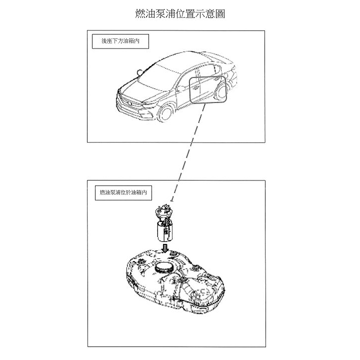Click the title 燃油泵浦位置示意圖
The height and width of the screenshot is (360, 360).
coord(180,14)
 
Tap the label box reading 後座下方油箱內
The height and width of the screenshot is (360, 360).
coord(120,41)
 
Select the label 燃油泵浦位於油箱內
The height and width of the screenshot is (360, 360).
coord(123,192)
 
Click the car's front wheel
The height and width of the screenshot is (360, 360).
coord(166,113)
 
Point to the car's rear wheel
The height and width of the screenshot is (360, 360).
coord(221,92)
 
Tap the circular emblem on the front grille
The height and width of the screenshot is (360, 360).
coord(130,103)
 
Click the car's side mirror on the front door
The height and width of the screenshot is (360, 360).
coord(181,88)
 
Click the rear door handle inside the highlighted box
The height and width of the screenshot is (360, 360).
coord(216,79)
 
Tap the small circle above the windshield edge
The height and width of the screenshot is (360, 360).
coord(140,72)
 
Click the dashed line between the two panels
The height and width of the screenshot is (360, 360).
coord(188,152)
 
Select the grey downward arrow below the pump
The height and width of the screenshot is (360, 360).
coord(165,248)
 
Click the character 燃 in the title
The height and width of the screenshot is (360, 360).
coord(140,14)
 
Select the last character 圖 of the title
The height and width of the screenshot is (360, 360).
coord(220,14)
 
